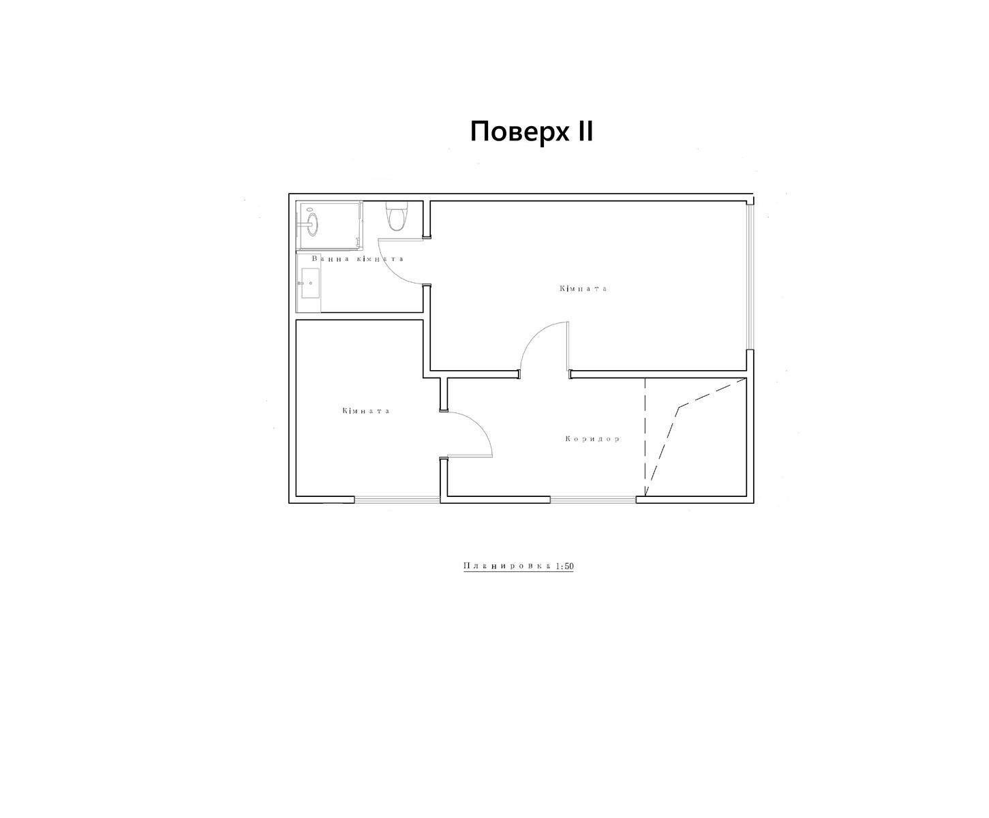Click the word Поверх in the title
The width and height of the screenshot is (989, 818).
519,132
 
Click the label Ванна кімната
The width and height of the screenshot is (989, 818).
358,258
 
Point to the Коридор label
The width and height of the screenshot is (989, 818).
592,439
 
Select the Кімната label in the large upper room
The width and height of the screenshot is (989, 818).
583,288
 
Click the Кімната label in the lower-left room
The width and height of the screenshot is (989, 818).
366,410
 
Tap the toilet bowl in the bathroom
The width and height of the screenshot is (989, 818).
396,220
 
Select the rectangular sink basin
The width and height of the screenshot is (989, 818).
310,284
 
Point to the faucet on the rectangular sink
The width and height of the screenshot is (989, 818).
301,284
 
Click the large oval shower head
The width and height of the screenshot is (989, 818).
312,224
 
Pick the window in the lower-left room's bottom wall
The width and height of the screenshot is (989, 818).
397,499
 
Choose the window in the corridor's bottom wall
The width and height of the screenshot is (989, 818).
593,499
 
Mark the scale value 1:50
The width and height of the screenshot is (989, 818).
564,566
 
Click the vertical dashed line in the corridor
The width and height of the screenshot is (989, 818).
645,437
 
